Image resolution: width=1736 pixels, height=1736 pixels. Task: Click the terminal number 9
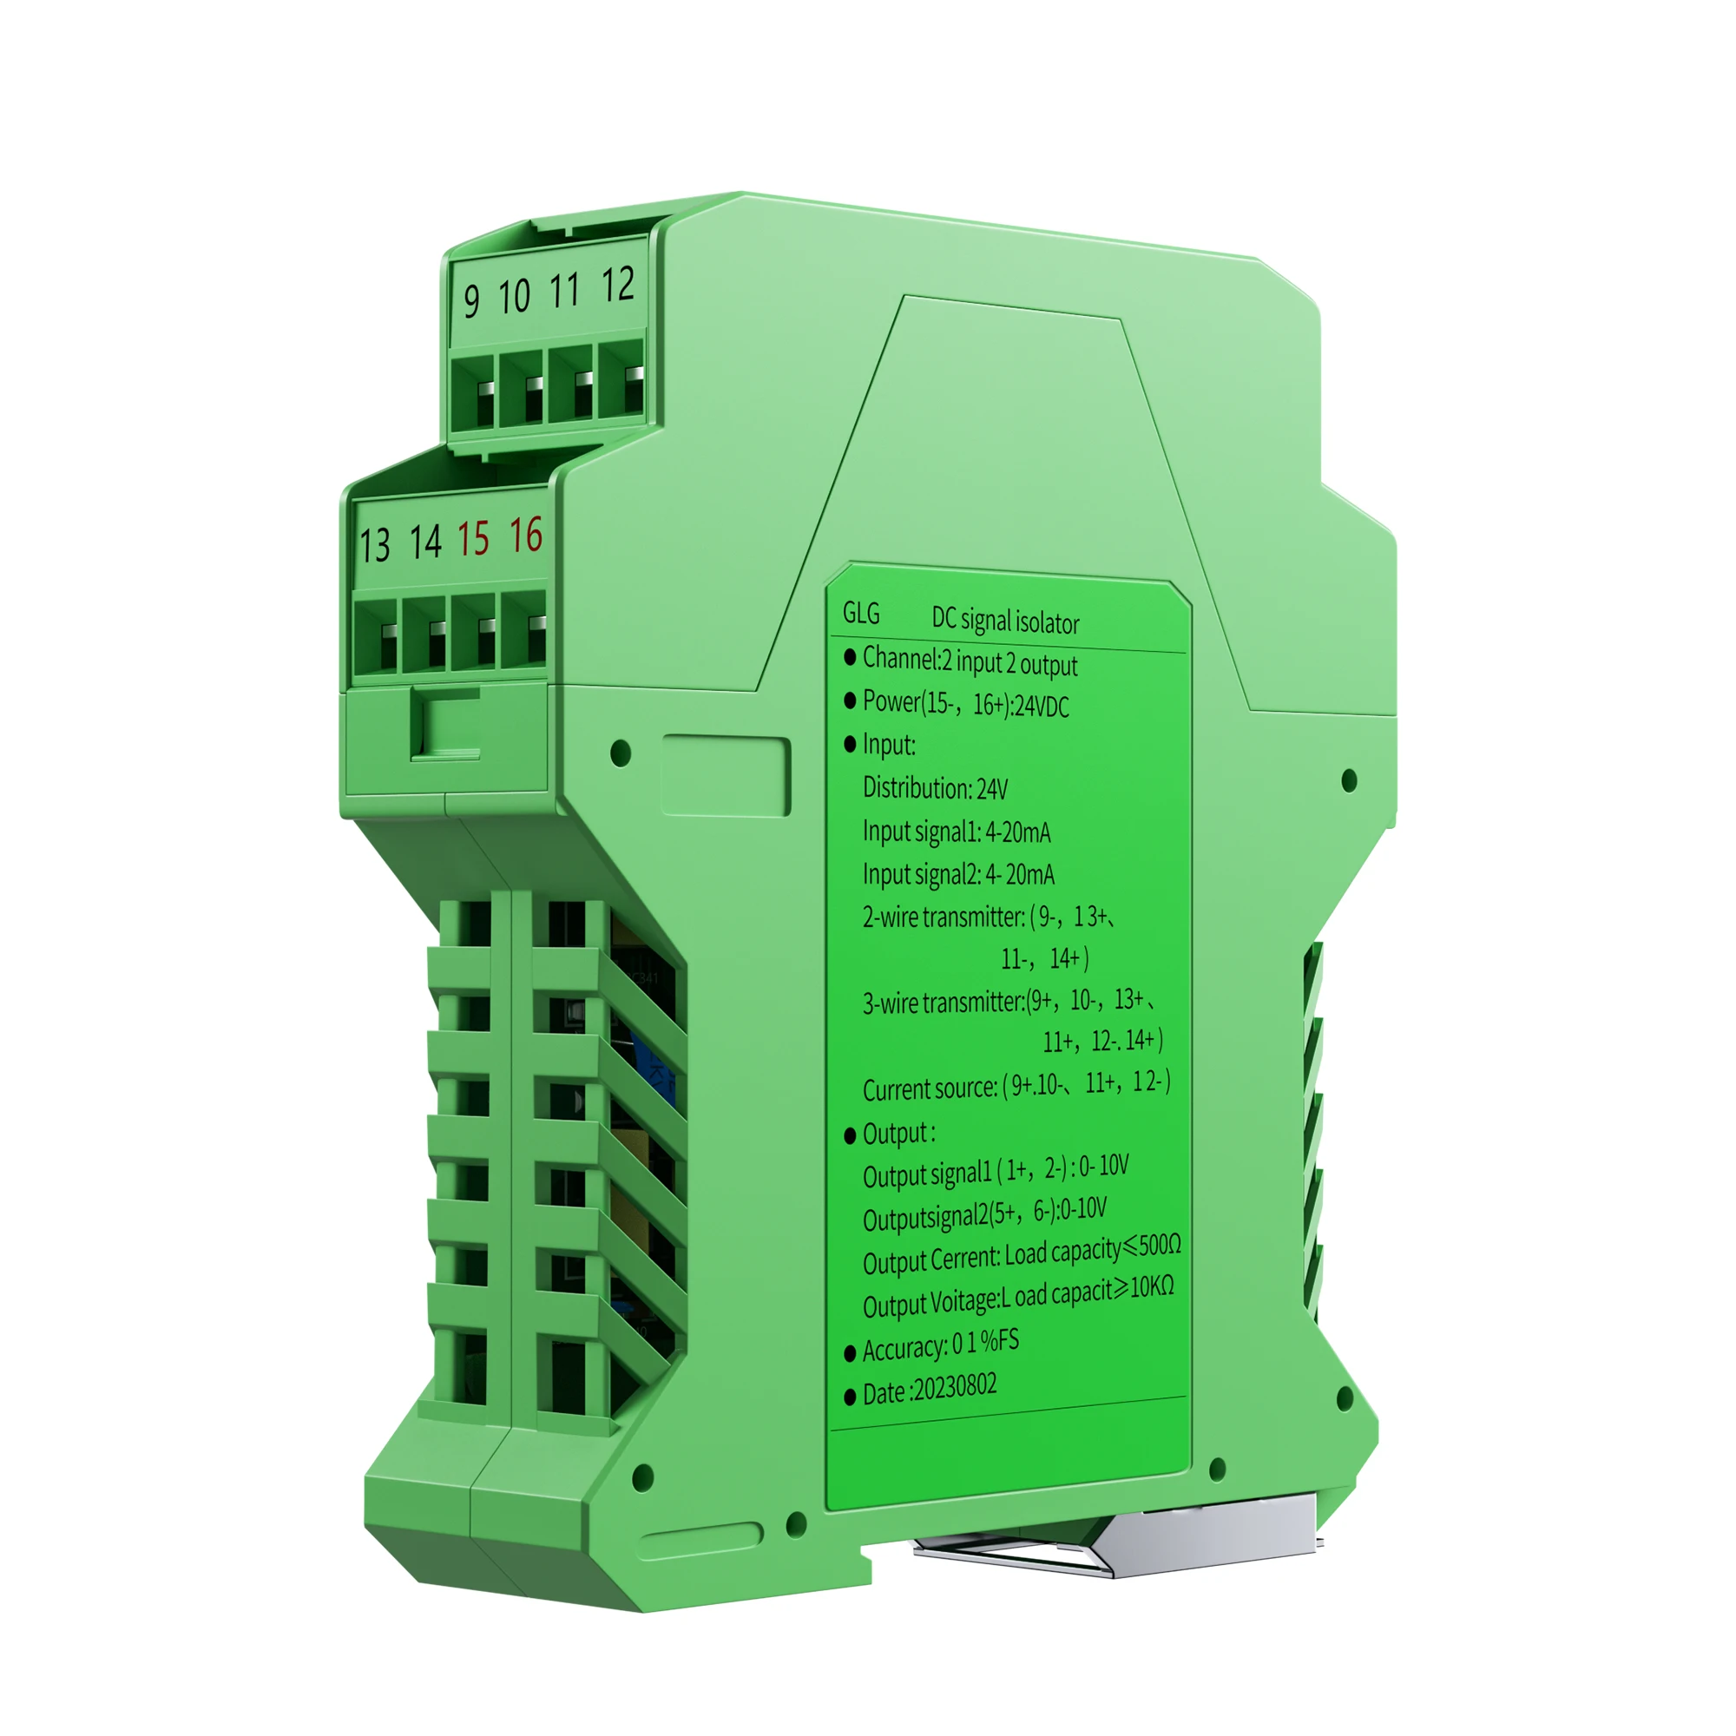point(471,300)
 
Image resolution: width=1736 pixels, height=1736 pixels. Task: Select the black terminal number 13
point(376,544)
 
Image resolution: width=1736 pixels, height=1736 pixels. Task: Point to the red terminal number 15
point(474,538)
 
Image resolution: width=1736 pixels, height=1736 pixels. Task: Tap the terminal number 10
point(515,296)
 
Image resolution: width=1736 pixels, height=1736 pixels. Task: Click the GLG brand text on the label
point(861,613)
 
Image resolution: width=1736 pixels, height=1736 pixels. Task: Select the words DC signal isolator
point(1004,620)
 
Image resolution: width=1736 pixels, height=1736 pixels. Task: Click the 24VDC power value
point(1042,707)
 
